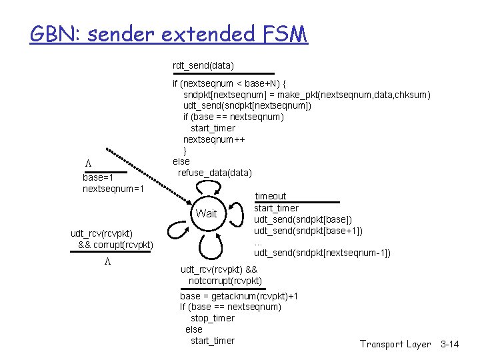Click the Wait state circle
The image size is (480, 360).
click(x=207, y=213)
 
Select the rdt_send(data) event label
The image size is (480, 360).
click(x=203, y=65)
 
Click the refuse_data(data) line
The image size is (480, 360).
click(x=215, y=173)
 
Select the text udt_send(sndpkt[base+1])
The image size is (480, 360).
click(x=308, y=231)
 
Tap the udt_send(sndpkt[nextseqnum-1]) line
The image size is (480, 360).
click(x=322, y=253)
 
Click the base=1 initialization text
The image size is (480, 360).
click(x=97, y=178)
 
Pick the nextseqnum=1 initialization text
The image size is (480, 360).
click(x=113, y=189)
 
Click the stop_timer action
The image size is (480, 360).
click(x=213, y=318)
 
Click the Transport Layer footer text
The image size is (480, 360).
click(x=395, y=344)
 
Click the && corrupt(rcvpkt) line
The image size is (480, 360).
click(x=115, y=245)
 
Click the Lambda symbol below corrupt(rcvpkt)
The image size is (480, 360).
click(x=107, y=261)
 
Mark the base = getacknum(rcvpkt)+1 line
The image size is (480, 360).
click(x=239, y=295)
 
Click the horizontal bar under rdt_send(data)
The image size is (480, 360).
click(x=223, y=74)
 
